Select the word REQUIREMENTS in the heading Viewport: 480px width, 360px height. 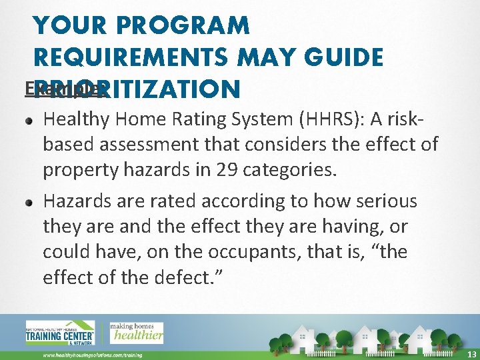[127, 57]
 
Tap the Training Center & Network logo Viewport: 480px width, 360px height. [59, 332]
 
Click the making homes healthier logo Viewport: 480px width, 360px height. [137, 331]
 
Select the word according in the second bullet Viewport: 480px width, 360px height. [221, 201]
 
